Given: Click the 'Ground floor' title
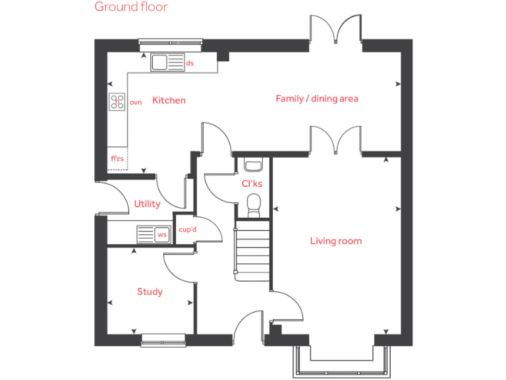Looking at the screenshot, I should point(130,7).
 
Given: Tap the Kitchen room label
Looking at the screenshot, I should point(169,100).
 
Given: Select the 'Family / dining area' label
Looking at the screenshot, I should point(316,98).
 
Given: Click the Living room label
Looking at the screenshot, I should point(335,241).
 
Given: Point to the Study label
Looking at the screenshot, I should point(150,292).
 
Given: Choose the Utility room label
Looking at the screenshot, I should point(147,204).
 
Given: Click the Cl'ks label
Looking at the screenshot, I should point(252,183).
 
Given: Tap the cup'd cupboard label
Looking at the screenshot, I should point(188,230).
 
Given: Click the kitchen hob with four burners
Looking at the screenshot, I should point(117,102).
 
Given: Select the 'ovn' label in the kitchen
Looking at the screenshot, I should point(136,102).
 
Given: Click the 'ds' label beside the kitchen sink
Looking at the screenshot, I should point(190,63).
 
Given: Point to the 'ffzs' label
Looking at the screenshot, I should point(117,159).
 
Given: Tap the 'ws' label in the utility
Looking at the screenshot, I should point(161,234).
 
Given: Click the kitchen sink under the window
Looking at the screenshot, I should point(160,63).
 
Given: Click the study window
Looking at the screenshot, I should point(163,340).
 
